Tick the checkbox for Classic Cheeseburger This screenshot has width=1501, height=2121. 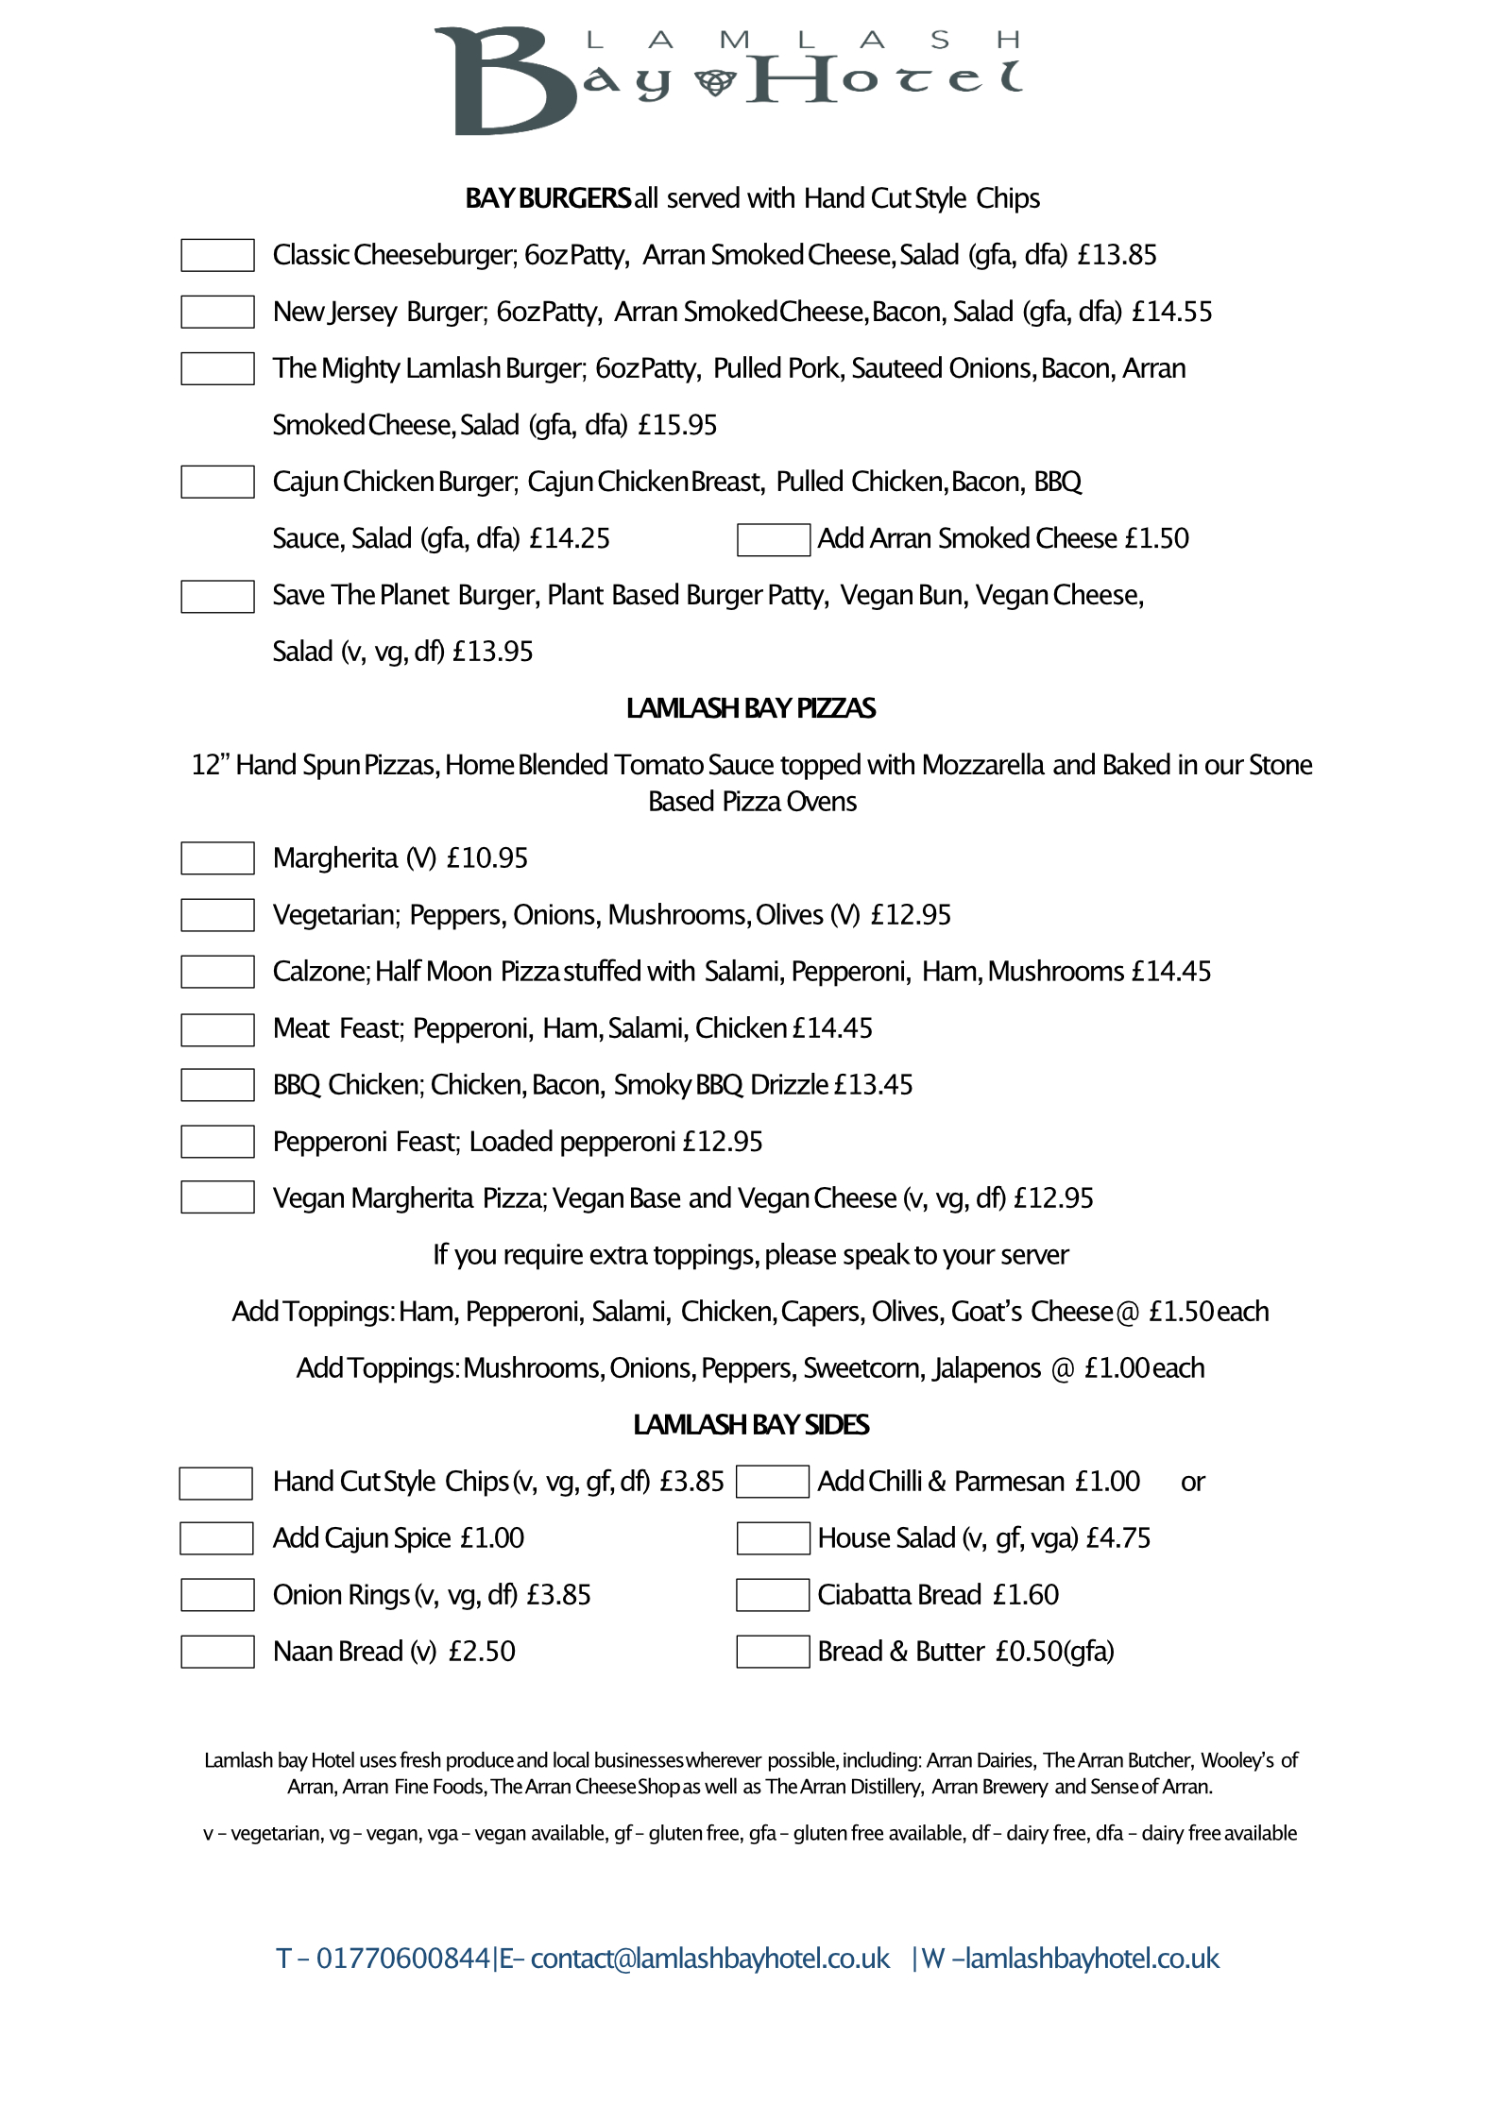217,255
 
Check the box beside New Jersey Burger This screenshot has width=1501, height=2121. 217,312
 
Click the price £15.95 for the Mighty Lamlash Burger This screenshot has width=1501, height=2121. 677,425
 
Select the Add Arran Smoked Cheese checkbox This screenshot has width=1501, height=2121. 773,539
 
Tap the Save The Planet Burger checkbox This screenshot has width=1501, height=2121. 217,596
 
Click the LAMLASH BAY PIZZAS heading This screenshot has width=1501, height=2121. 750,708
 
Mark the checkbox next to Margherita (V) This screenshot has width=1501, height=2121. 217,858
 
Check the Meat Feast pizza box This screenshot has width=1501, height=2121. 217,1029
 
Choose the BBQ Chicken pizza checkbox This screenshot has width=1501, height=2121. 217,1085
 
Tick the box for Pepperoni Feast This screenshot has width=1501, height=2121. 217,1142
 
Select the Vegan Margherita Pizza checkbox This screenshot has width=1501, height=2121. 217,1197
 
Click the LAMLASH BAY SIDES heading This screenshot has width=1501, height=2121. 750,1424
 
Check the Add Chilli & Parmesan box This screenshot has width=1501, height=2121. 772,1482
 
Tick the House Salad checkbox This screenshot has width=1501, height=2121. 773,1538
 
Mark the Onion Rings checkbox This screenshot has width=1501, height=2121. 217,1595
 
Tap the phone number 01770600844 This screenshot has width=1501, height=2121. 402,1959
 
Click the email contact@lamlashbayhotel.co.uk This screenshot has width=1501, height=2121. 709,1959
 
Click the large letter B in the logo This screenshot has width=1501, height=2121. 501,82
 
